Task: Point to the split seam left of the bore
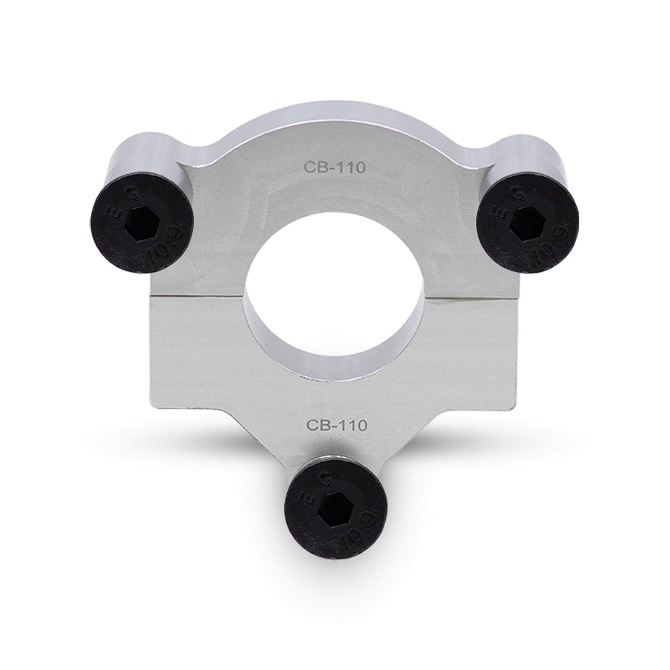197,296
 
